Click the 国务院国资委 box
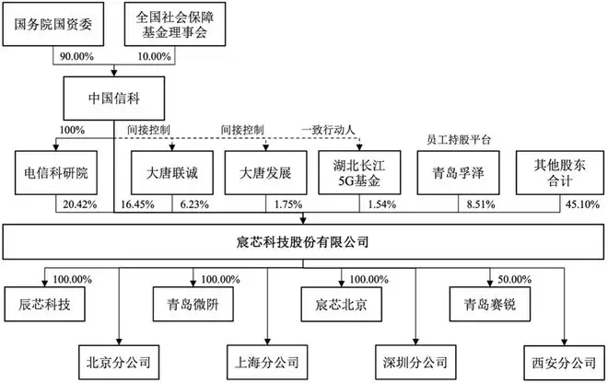[x=53, y=24]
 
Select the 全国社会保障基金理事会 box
[x=175, y=24]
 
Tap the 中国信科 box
[x=114, y=99]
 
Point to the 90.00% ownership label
[x=76, y=56]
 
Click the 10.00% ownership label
[x=155, y=56]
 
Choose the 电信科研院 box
[x=56, y=172]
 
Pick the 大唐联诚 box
[x=172, y=172]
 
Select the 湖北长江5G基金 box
[x=359, y=172]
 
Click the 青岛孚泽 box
[x=459, y=172]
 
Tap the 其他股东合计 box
[x=560, y=172]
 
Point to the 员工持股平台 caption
[x=459, y=140]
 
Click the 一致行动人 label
[x=329, y=130]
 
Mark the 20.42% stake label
[x=80, y=204]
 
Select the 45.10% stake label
[x=582, y=204]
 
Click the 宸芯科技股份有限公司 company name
[x=302, y=242]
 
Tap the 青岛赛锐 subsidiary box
[x=490, y=305]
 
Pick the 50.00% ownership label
[x=514, y=280]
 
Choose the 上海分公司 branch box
[x=267, y=363]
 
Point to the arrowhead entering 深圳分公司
[x=415, y=342]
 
